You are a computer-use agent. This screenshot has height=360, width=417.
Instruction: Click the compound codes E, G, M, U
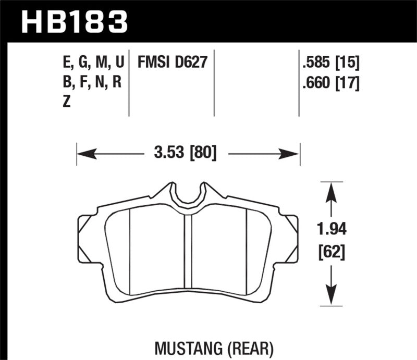pyautogui.click(x=92, y=64)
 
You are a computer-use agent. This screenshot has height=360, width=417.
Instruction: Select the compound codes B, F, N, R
pyautogui.click(x=91, y=83)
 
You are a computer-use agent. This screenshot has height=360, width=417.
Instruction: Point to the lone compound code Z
pyautogui.click(x=66, y=102)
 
